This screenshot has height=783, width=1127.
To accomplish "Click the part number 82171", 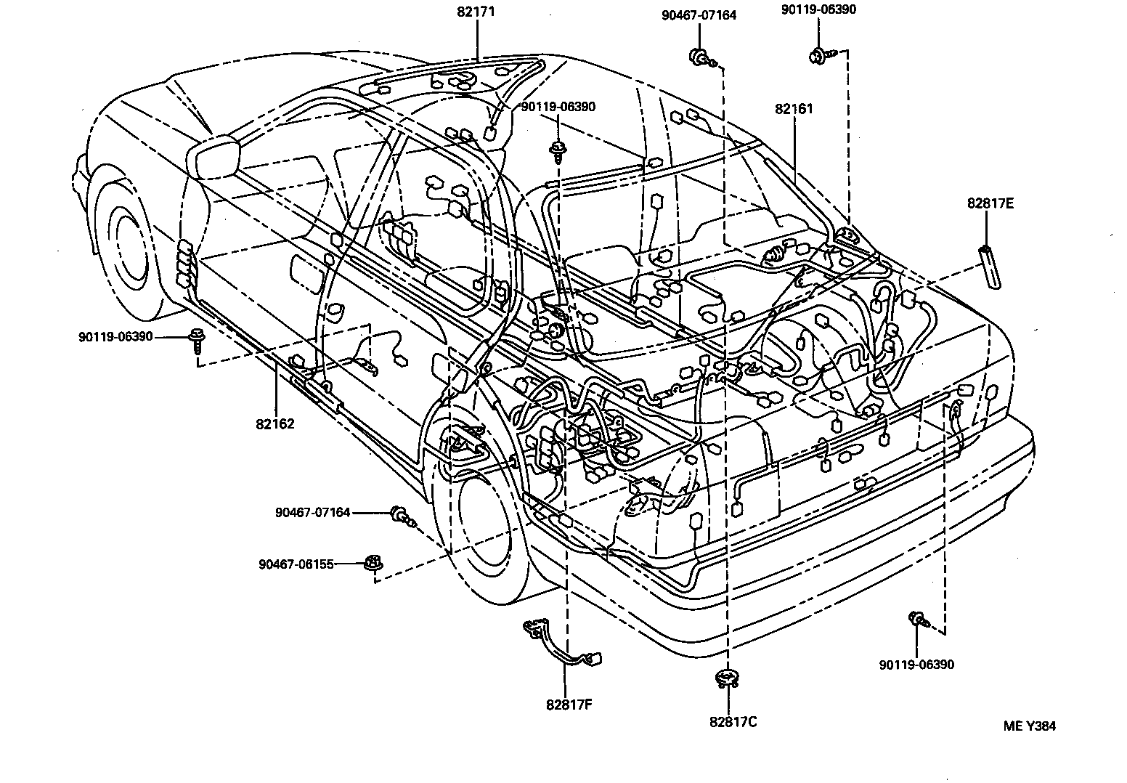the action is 476,12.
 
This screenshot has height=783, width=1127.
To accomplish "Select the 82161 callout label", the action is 794,109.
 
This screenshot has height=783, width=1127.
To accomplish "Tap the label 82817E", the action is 990,203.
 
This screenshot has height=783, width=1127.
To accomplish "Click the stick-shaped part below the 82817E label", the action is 989,267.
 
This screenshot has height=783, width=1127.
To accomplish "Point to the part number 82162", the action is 274,423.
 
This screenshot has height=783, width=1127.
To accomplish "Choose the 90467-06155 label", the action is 296,564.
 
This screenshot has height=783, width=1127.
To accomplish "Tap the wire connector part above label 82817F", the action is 563,644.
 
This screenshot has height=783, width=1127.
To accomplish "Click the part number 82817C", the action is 733,722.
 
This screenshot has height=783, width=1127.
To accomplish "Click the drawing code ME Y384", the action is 1030,726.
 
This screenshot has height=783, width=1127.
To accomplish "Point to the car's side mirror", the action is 213,156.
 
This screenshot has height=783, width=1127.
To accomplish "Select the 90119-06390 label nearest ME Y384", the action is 916,665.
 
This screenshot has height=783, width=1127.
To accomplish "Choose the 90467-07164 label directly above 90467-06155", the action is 312,513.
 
